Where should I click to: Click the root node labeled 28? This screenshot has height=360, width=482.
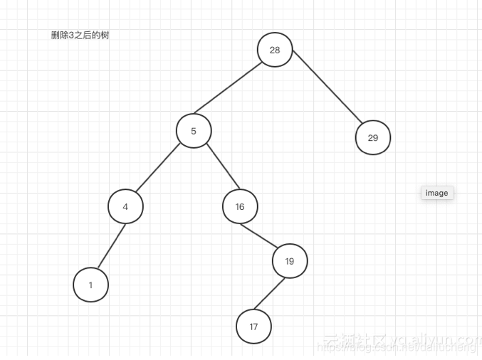tap(275, 49)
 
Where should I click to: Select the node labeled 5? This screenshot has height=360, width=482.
tap(194, 130)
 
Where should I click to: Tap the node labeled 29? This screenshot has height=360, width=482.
tap(373, 138)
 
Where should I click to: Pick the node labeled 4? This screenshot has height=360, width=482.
tap(126, 207)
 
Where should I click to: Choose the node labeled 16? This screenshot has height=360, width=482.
tap(240, 207)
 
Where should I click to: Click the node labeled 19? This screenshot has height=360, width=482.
tap(289, 261)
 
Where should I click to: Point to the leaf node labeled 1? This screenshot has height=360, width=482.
tap(90, 285)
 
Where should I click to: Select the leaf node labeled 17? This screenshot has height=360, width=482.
tap(253, 327)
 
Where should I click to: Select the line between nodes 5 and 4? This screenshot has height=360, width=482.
tap(159, 169)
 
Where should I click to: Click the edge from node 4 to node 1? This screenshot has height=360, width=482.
tap(112, 246)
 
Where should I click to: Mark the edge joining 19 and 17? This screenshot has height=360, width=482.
tap(271, 293)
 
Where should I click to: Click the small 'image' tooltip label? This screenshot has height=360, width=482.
tap(437, 193)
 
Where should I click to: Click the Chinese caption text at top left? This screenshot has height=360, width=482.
tap(80, 36)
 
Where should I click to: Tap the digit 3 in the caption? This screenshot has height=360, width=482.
tap(71, 36)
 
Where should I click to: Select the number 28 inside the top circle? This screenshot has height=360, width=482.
tap(275, 50)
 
